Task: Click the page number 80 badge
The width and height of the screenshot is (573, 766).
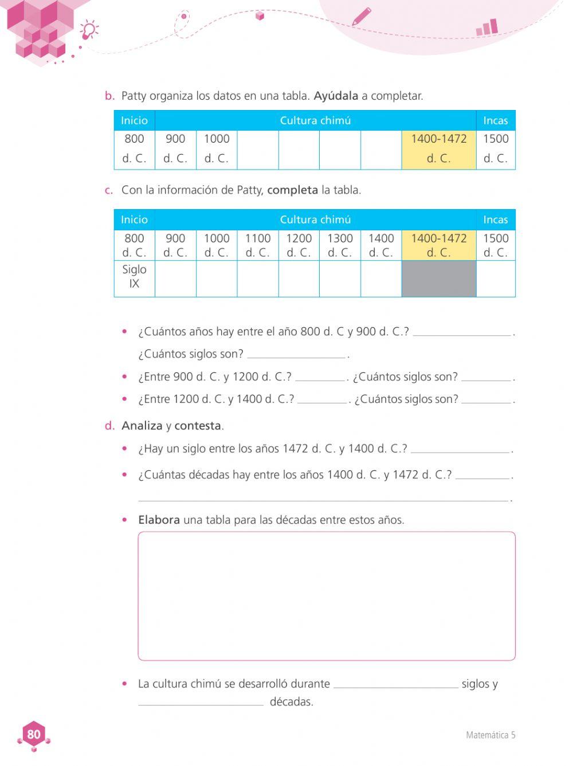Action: (34, 734)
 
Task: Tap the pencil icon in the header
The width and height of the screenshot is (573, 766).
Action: (361, 16)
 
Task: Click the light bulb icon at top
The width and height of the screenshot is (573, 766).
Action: (89, 29)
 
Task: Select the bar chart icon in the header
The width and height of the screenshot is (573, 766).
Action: (487, 28)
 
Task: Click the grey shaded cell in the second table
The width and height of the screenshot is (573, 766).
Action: (438, 279)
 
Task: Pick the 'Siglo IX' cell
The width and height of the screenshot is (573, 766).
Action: (134, 276)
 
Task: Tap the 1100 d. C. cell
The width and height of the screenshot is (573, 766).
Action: (258, 245)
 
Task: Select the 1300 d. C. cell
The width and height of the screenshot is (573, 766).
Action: (340, 245)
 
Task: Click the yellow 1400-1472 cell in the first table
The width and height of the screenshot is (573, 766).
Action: (438, 148)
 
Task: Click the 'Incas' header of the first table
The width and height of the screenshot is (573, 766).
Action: (495, 120)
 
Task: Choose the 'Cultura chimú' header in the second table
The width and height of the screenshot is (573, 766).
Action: (315, 219)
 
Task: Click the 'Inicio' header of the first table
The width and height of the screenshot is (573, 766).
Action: (134, 120)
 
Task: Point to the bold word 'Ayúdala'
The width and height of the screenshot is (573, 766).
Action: (336, 96)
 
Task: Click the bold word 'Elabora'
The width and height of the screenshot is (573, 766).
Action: (159, 520)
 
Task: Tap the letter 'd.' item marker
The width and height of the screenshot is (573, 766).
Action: (109, 426)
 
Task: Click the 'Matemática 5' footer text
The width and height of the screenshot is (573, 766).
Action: (490, 735)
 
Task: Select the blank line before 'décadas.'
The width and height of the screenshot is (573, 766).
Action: (201, 702)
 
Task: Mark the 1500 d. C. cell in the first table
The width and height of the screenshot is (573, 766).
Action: (496, 148)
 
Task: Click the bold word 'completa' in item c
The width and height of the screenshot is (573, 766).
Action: (292, 190)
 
